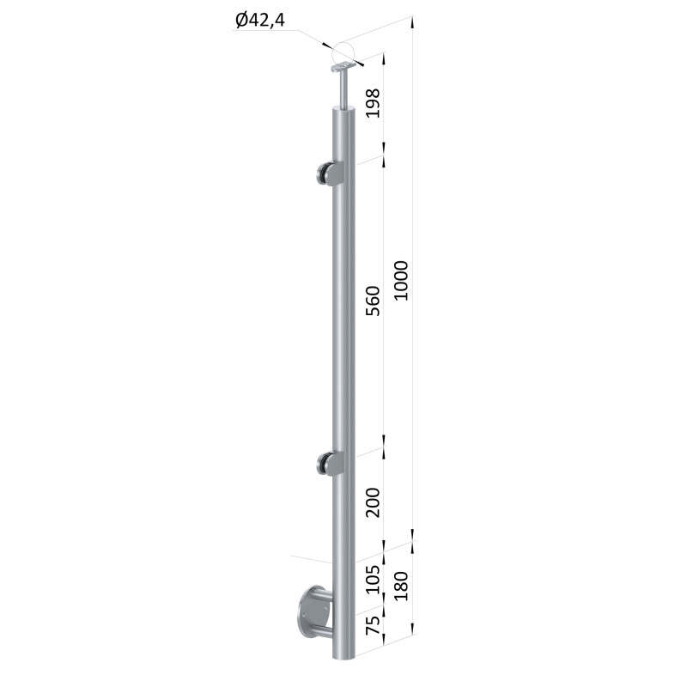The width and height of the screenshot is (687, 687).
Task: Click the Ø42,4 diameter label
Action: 260,20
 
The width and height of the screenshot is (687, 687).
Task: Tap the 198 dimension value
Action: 373,103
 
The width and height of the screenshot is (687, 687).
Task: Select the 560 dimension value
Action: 373,301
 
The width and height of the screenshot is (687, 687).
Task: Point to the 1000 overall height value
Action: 401,281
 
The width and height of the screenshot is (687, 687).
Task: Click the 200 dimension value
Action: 373,502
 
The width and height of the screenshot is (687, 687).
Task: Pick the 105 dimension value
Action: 373,579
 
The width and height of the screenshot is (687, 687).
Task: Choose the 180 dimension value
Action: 401,586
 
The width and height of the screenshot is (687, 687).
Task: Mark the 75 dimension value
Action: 373,625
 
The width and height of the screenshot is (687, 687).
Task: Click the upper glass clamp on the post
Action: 330,174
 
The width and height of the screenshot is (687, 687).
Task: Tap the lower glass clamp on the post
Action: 330,464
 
